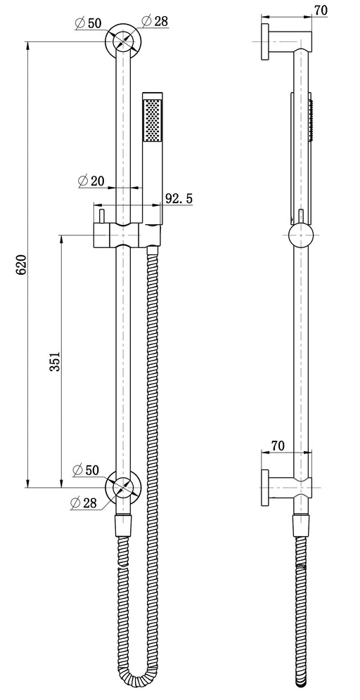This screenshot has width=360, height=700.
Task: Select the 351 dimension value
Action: [55, 361]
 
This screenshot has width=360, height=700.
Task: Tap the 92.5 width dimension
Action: [179, 198]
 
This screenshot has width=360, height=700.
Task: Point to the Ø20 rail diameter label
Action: [91, 181]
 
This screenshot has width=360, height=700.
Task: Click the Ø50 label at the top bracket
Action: [89, 24]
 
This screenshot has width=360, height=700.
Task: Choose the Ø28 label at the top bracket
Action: [155, 20]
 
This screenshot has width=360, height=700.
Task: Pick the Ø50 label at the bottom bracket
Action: [86, 469]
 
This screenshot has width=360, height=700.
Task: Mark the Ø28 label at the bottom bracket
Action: [84, 503]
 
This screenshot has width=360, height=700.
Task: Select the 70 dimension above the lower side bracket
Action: [278, 445]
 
